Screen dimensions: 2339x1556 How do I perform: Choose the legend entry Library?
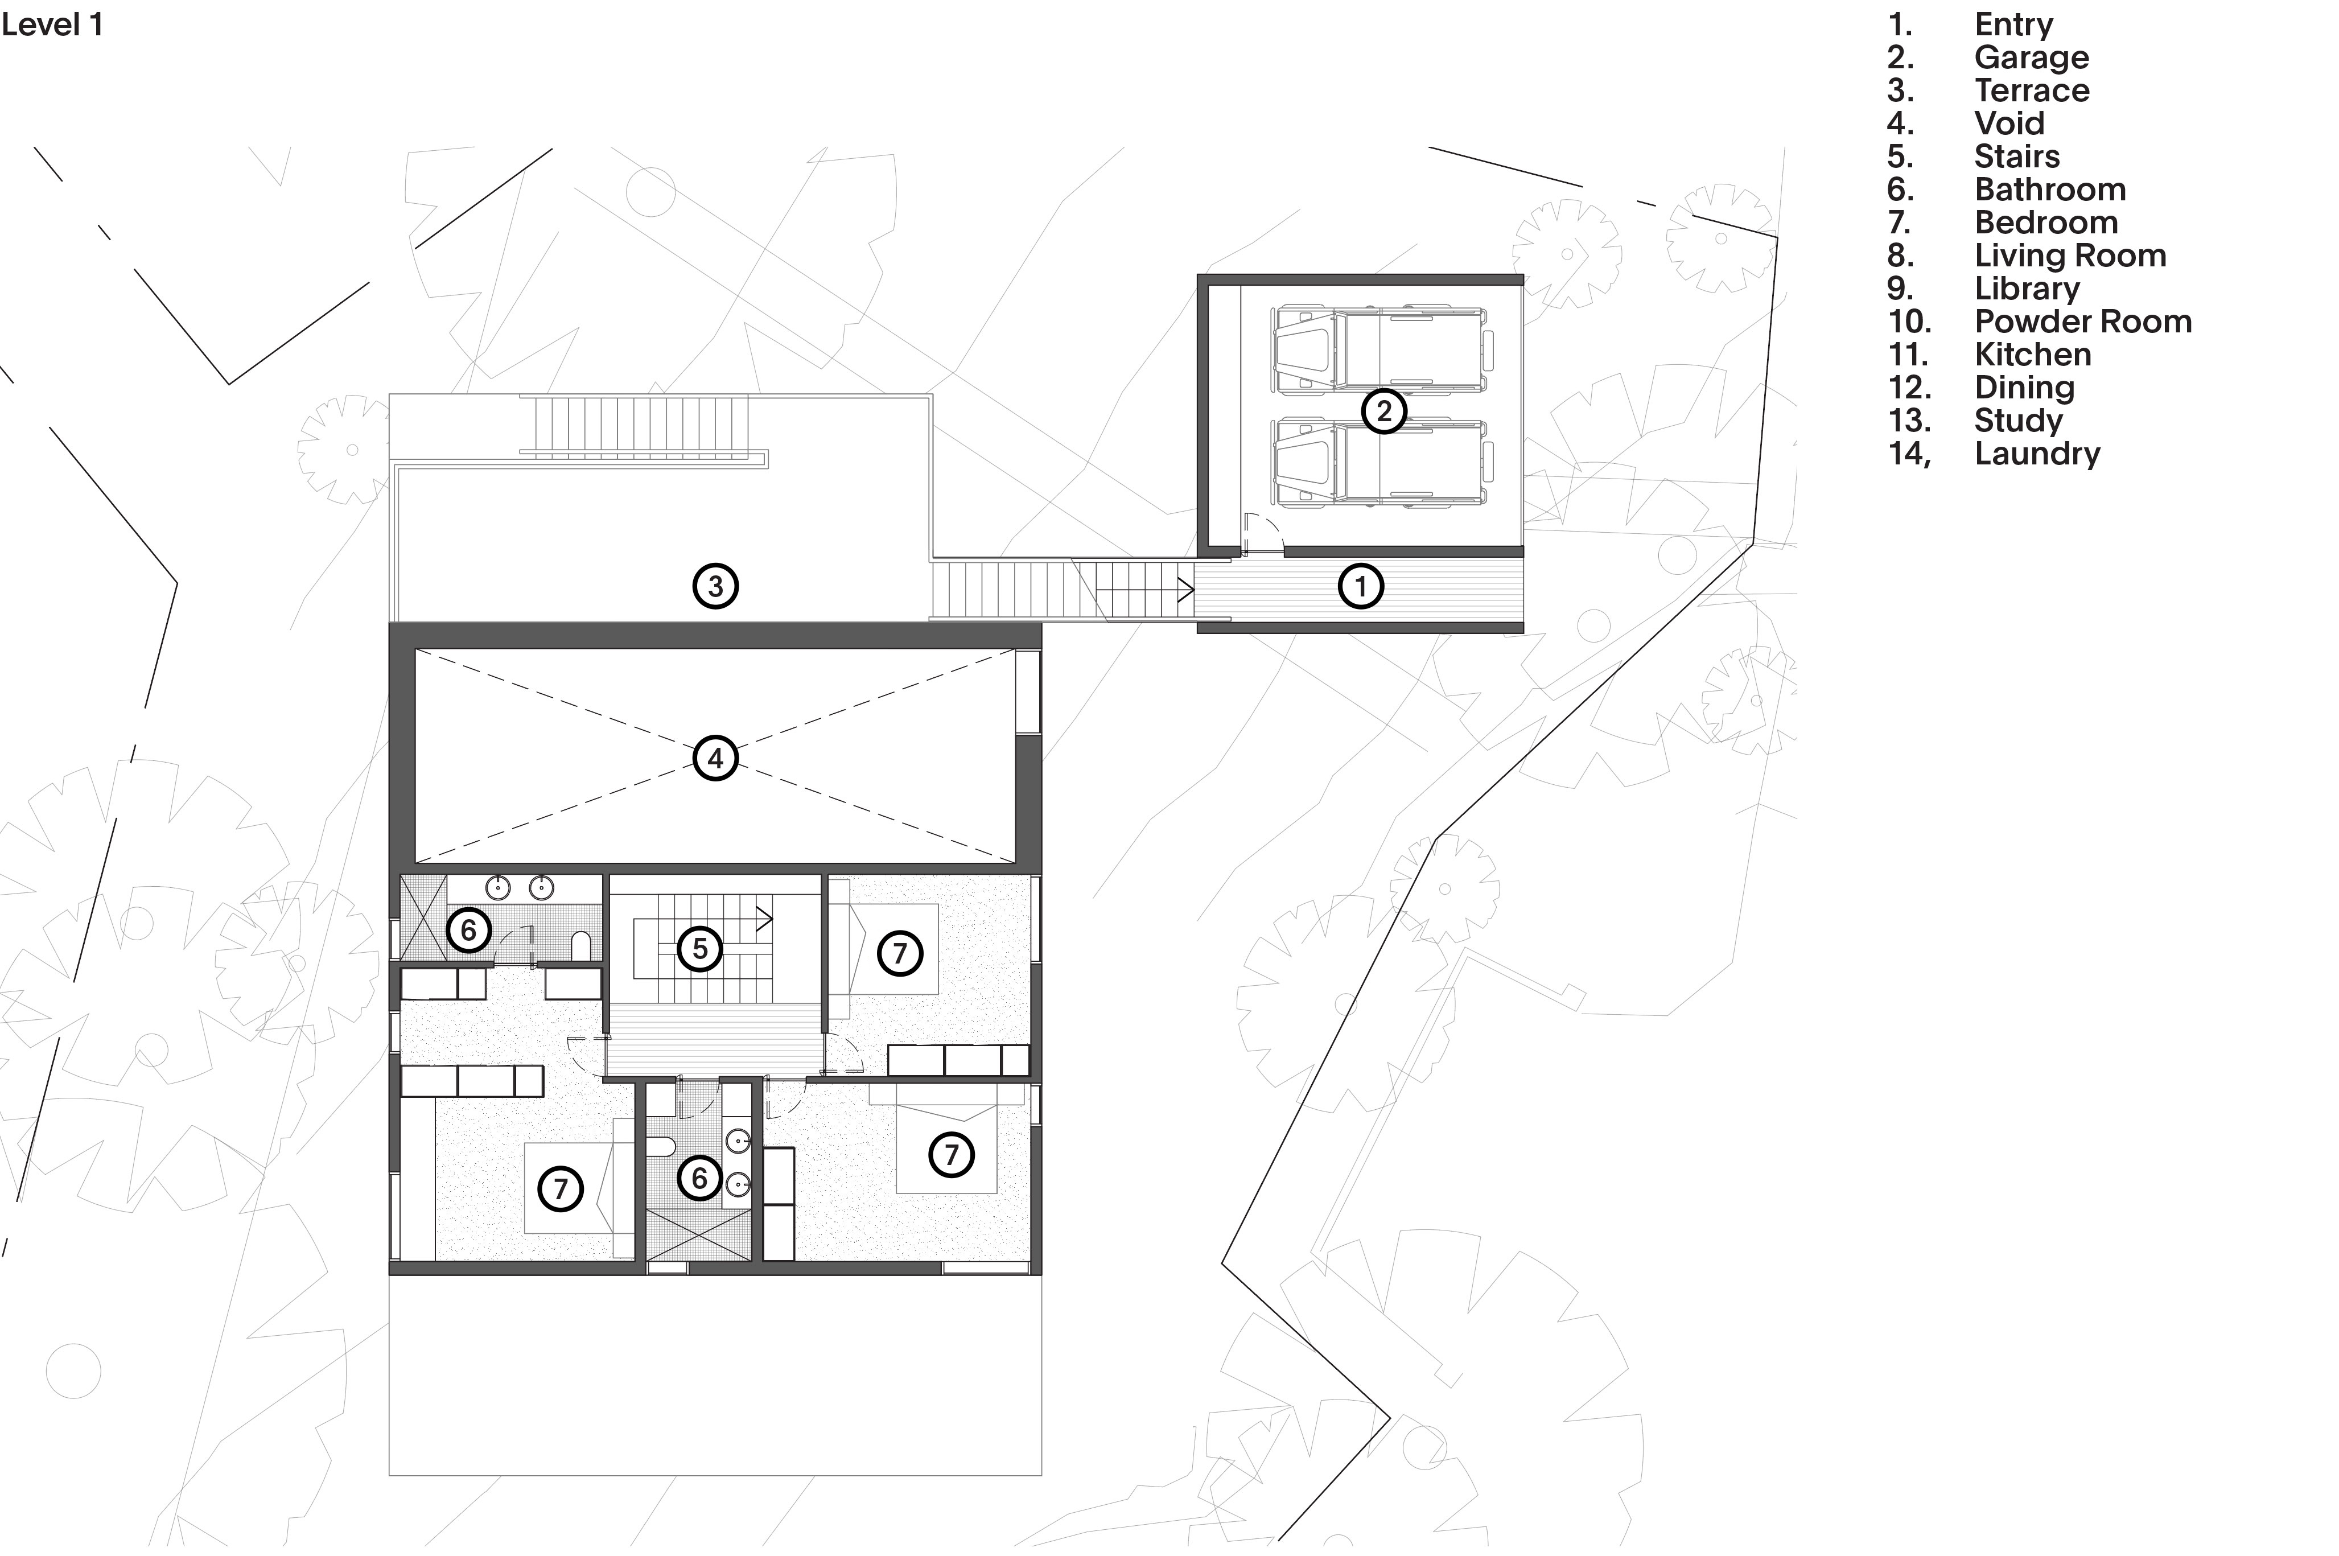[2027, 289]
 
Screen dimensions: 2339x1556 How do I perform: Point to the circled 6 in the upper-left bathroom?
[468, 931]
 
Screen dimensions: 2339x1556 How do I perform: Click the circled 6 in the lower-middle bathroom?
[699, 1178]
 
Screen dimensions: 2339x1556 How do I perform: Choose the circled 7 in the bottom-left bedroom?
[561, 1189]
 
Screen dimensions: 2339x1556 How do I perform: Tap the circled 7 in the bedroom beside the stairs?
[900, 954]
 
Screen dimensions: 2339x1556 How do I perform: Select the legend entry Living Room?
[2070, 256]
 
